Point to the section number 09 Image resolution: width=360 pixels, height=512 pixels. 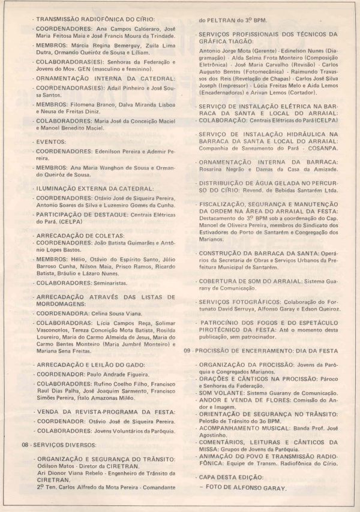188,350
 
